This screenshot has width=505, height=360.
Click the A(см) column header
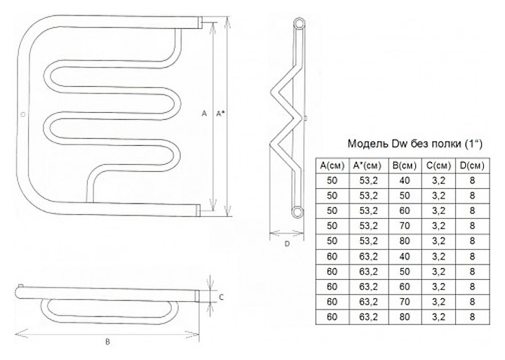point(332,166)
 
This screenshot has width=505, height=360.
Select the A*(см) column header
point(368,166)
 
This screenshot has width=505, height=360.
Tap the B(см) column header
point(405,166)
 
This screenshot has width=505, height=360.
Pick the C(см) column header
point(438,166)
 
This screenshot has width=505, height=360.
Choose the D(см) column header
point(472,166)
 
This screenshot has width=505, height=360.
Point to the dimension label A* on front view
point(220,113)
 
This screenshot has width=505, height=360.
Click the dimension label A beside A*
point(204,113)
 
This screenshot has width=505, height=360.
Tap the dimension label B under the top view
point(107,342)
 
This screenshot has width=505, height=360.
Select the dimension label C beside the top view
point(221,298)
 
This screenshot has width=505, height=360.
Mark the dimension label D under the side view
point(287,244)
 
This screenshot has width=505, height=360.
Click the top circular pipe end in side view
point(299,24)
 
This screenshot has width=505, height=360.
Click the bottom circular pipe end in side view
point(297,212)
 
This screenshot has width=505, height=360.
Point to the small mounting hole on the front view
point(22,114)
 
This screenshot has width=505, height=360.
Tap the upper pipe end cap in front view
point(200,22)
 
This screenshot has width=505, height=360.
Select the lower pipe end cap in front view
point(198,210)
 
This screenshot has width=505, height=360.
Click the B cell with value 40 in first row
point(405,181)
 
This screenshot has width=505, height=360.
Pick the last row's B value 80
point(405,316)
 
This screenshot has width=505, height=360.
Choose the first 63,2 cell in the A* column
point(369,257)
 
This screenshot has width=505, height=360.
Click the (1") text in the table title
point(473,144)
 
